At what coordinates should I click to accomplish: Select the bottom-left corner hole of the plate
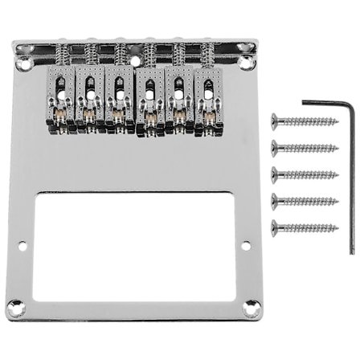(x=14, y=305)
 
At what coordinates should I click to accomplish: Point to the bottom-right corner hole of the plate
(x=252, y=305)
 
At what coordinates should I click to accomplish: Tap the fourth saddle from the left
(x=149, y=102)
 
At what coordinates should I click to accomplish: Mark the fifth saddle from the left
(x=178, y=102)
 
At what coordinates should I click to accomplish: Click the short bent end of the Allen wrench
(x=316, y=102)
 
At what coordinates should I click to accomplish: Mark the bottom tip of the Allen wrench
(x=351, y=251)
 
